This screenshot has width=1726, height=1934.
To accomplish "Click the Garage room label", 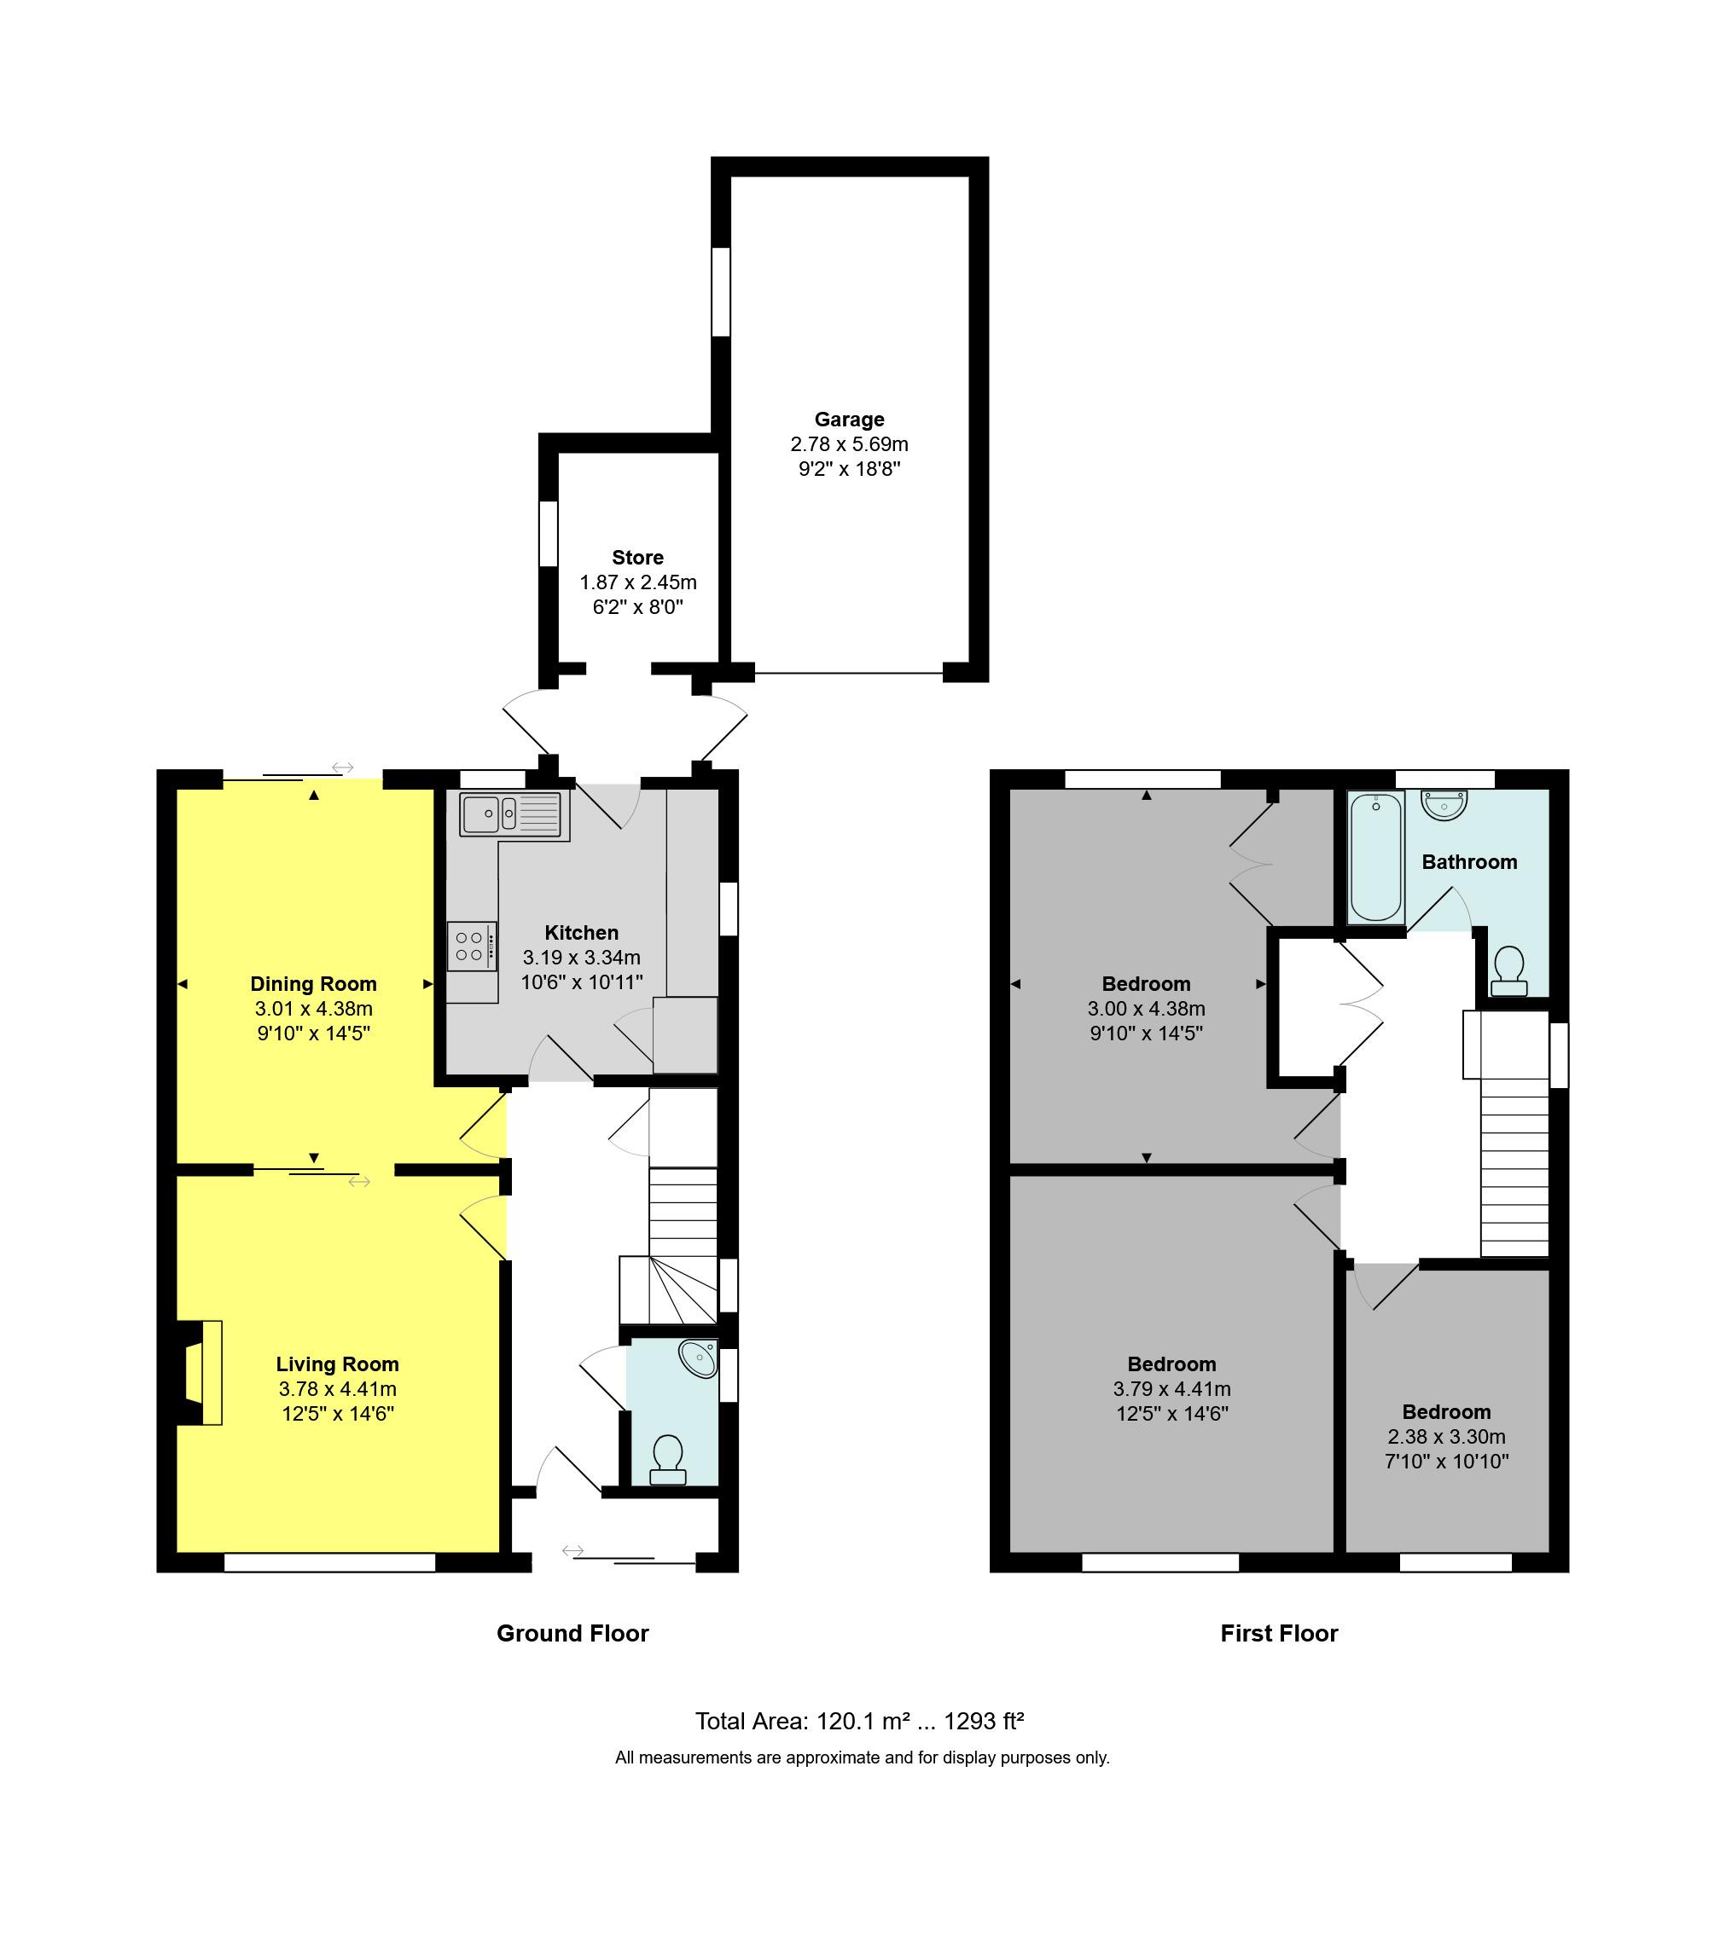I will pos(849,419).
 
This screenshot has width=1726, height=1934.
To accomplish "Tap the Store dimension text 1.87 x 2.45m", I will pos(637,582).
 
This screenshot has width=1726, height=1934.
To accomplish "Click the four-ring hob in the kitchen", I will pos(471,947).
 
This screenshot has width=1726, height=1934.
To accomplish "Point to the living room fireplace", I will pos(202,1372).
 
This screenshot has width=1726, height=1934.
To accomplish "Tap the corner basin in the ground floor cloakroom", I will pos(700,1359).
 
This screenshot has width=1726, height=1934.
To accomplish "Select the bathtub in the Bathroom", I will pos(1375,858).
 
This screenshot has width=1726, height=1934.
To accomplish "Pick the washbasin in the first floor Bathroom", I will pos(1444,806).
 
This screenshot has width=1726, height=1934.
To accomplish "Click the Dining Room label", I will pos(313,984).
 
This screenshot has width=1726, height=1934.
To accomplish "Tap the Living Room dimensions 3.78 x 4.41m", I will pos(337,1389).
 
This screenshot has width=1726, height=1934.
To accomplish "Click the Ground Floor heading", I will pos(572,1634).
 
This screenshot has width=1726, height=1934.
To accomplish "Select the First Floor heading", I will pos(1278,1634).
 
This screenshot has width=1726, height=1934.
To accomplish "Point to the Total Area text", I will pos(859,1721).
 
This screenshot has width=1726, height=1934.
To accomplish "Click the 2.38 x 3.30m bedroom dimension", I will pos(1445,1436).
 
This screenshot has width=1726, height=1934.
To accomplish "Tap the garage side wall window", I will pos(721,291).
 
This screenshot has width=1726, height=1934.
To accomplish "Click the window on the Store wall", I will pos(548,534).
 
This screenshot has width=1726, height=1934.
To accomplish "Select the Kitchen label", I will pos(581,933).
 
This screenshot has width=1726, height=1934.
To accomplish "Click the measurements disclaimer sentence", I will pos(862,1757).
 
